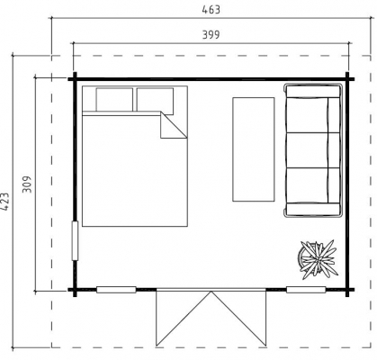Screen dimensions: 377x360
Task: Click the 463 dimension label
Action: (x=211, y=10)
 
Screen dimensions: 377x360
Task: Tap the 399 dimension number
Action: (x=211, y=35)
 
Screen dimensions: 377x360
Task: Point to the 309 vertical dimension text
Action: (x=27, y=184)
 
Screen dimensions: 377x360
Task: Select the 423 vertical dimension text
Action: (x=4, y=202)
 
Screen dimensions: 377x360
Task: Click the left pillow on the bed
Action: (x=114, y=100)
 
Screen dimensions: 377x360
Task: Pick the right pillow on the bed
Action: (x=155, y=101)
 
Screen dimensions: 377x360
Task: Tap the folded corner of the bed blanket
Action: (x=174, y=125)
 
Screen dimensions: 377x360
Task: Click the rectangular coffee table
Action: (x=254, y=149)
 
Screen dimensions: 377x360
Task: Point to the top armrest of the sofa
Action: (x=313, y=91)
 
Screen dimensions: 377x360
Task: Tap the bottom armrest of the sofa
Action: (x=313, y=209)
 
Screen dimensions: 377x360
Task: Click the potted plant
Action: (x=318, y=259)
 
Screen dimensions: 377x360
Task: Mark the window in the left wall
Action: (x=75, y=240)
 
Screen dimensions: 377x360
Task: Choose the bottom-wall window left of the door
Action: (x=116, y=290)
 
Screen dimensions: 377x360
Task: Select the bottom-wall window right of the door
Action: (x=306, y=290)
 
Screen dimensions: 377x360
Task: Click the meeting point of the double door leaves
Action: (x=211, y=291)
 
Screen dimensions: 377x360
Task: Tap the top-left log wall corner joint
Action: (x=75, y=79)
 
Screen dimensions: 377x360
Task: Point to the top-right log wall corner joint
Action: (x=347, y=79)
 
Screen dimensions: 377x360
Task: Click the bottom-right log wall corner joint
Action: (x=347, y=290)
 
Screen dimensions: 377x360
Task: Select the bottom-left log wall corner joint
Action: (x=75, y=290)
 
